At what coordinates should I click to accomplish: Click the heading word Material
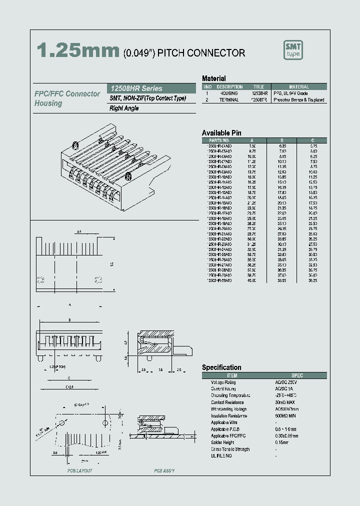click(x=213, y=78)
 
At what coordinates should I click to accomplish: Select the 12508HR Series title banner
click(x=136, y=88)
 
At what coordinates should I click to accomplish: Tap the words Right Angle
click(x=124, y=108)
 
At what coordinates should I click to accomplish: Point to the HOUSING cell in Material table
click(x=229, y=93)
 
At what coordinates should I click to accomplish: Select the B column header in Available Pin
click(x=282, y=140)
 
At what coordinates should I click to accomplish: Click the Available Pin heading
click(x=221, y=132)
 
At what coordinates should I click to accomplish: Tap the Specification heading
click(x=221, y=367)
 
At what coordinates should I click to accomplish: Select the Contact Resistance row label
click(x=227, y=402)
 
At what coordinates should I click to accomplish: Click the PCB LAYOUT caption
click(x=79, y=471)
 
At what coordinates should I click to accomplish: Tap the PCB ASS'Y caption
click(x=164, y=471)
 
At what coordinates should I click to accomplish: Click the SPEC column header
click(x=297, y=375)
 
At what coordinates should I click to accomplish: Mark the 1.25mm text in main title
click(x=78, y=51)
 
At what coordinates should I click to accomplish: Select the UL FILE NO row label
click(x=221, y=456)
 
